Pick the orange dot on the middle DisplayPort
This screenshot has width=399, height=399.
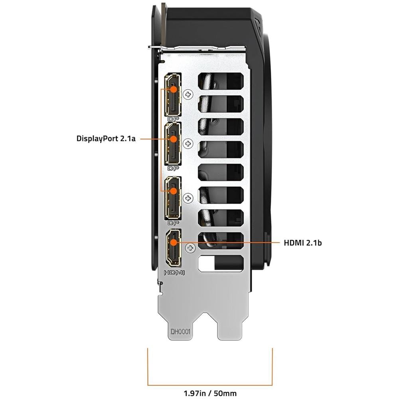(174, 139)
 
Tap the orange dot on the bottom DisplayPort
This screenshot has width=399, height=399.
(174, 191)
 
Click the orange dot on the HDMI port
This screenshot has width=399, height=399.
(174, 242)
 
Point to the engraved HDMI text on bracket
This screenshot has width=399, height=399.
(174, 273)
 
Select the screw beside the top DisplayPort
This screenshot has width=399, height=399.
(189, 94)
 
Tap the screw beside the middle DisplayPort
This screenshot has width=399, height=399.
(189, 143)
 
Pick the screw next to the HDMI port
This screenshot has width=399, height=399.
(190, 248)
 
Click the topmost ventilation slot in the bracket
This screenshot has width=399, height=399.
(220, 81)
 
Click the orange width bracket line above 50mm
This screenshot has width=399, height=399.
(210, 385)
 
